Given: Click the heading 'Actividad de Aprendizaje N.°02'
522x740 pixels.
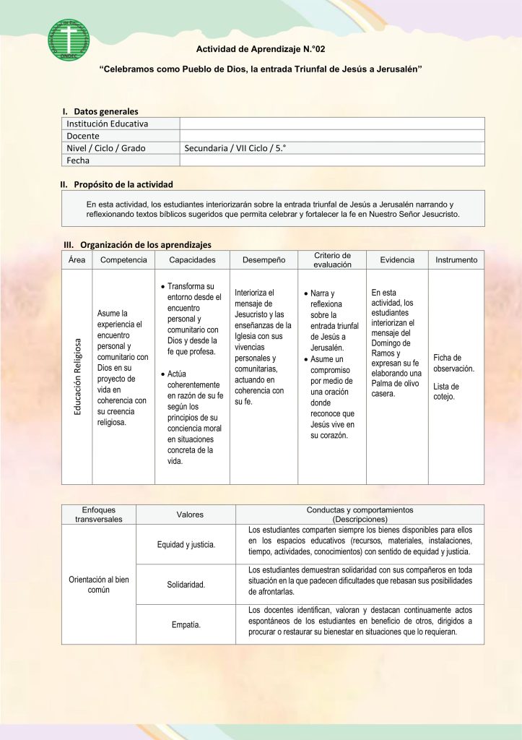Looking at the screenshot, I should tap(260, 49).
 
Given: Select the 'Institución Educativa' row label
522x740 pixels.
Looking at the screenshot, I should tap(108, 124).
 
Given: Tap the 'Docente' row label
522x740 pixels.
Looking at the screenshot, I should tap(83, 136).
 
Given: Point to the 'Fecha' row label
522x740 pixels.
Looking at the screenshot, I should tap(78, 160).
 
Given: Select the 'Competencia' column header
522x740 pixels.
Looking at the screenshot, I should tap(123, 260).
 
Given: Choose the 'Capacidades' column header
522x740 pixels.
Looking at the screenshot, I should tap(192, 260).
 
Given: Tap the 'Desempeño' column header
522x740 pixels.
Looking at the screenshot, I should tap(264, 260).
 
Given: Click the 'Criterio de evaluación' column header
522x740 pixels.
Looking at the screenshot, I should tap(332, 260).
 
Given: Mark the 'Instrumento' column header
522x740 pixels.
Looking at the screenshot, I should tap(456, 260).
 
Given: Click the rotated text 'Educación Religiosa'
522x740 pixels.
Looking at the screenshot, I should tap(77, 377).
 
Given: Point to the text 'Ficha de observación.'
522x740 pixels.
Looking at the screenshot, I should tap(453, 363).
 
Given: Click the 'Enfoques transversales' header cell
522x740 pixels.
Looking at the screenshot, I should tap(99, 514).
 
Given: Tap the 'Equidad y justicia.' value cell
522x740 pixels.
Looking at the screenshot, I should tap(186, 544).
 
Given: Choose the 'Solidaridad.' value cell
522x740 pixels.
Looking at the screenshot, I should tap(186, 584).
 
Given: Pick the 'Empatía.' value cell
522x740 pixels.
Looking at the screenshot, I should tap(186, 624).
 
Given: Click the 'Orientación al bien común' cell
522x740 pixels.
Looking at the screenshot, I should tap(99, 584).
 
